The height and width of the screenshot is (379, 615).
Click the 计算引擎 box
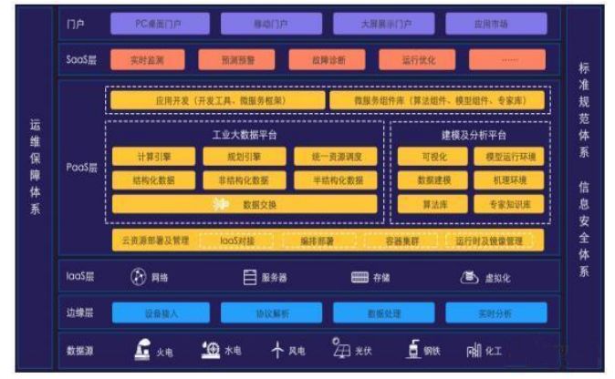tap(152, 158)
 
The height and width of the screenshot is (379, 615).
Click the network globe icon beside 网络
tap(138, 277)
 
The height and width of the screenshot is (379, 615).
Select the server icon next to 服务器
tap(250, 277)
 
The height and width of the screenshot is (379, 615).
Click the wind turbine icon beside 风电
tap(278, 349)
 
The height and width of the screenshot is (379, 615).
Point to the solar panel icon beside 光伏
tap(342, 349)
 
